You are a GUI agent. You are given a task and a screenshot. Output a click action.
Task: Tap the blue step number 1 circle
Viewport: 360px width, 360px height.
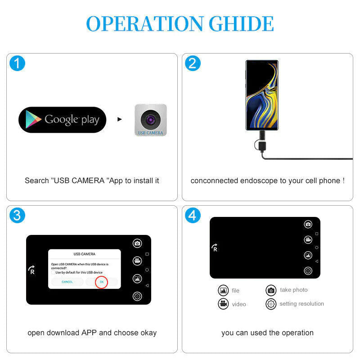point(17,63)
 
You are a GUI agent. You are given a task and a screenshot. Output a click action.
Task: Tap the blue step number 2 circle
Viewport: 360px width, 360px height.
point(193,63)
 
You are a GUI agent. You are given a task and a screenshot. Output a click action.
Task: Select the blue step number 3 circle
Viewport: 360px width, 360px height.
point(17,215)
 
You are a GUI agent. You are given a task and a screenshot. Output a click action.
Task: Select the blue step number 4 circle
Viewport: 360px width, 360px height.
point(193,215)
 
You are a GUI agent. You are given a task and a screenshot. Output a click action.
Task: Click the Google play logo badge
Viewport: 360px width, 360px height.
point(62,120)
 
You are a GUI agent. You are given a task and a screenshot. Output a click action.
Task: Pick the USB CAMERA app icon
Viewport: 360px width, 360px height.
point(150,120)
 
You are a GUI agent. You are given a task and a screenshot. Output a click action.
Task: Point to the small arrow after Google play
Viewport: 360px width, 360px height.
point(120,120)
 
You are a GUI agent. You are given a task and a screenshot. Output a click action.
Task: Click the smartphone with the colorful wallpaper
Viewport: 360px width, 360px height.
point(261,95)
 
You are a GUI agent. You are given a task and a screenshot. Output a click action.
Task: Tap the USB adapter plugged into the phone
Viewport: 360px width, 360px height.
point(261,143)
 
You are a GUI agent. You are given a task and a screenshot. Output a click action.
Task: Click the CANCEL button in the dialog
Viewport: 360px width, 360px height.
point(67,282)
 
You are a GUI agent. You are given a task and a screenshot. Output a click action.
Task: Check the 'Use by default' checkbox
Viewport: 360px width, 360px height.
point(53,272)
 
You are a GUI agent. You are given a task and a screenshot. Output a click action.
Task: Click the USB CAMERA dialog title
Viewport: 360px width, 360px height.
point(84,254)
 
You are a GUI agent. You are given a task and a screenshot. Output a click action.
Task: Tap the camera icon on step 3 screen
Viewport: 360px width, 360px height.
point(137,243)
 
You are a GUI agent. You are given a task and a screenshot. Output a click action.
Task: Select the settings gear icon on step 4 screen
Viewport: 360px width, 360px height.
point(308,270)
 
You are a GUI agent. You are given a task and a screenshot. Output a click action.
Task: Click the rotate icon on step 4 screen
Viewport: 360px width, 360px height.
point(215,247)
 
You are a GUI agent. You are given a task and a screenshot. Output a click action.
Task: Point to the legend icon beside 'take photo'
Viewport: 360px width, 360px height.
point(270,290)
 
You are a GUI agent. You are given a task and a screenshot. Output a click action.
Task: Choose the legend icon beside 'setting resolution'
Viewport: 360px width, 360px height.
point(270,304)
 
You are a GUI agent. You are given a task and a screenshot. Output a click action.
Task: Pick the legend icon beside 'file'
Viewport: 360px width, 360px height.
point(223,290)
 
